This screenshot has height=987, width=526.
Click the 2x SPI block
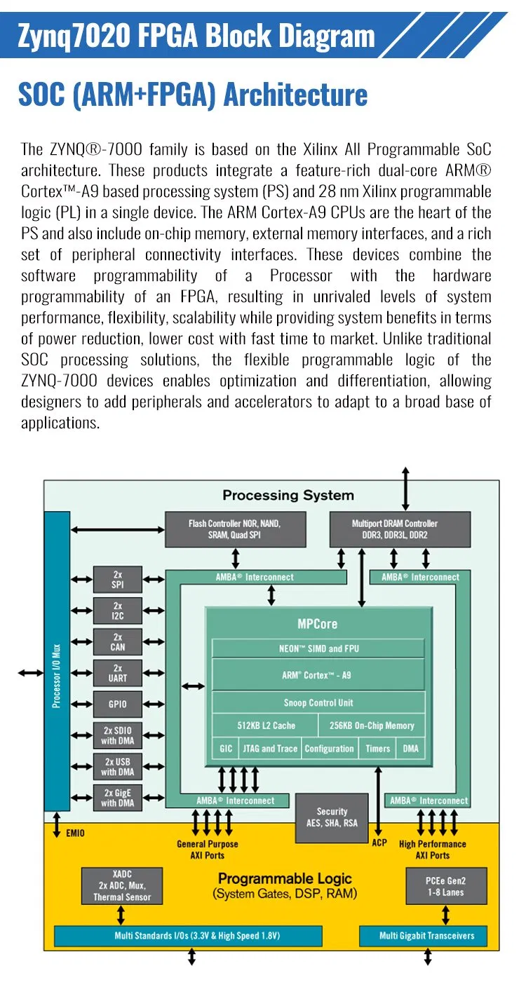tap(118, 580)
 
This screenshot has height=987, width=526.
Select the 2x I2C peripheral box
tap(118, 611)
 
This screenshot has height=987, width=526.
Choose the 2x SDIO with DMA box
tap(118, 735)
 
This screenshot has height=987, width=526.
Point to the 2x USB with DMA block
tap(118, 766)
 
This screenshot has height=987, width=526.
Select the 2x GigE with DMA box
tap(118, 798)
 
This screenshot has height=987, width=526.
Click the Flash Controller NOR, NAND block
tap(235, 529)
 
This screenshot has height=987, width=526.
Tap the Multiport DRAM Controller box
tap(394, 529)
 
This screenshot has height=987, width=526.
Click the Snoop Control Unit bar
tap(318, 702)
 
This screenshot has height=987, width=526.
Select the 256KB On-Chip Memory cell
tap(372, 726)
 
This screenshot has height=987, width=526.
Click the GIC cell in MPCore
tap(226, 749)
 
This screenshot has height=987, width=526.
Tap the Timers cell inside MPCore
tap(377, 749)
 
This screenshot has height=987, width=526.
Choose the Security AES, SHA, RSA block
tap(332, 817)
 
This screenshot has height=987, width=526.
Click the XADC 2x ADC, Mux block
tap(122, 885)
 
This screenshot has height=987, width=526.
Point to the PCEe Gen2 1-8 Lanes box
tap(445, 886)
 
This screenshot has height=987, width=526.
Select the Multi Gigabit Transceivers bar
tap(426, 936)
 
